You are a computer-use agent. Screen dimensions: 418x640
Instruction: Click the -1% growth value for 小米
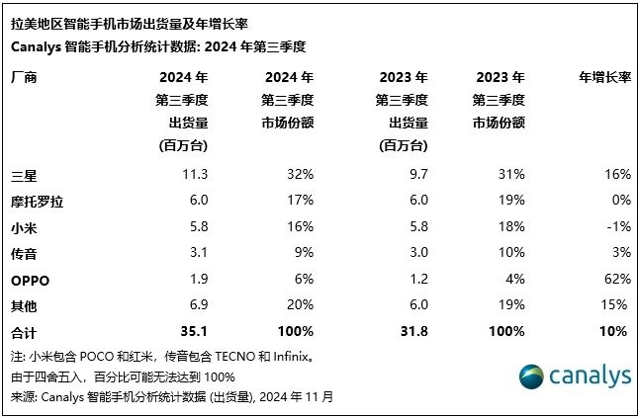pos(616,226)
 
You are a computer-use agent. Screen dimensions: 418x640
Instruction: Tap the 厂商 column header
pos(23,77)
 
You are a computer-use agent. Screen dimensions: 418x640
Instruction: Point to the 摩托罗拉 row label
pos(36,201)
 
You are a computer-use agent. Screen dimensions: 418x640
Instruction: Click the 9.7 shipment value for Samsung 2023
pos(416,174)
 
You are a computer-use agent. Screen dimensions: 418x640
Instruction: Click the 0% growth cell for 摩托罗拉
pos(619,201)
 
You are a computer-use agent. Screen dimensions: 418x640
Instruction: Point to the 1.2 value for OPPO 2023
pos(416,280)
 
